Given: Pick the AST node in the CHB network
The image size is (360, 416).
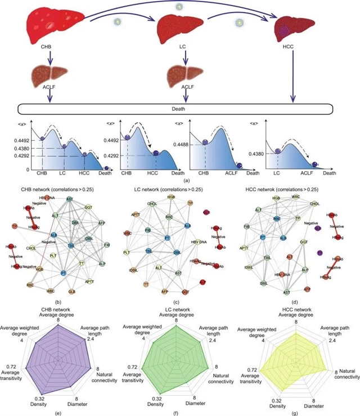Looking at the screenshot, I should click(69, 199).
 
